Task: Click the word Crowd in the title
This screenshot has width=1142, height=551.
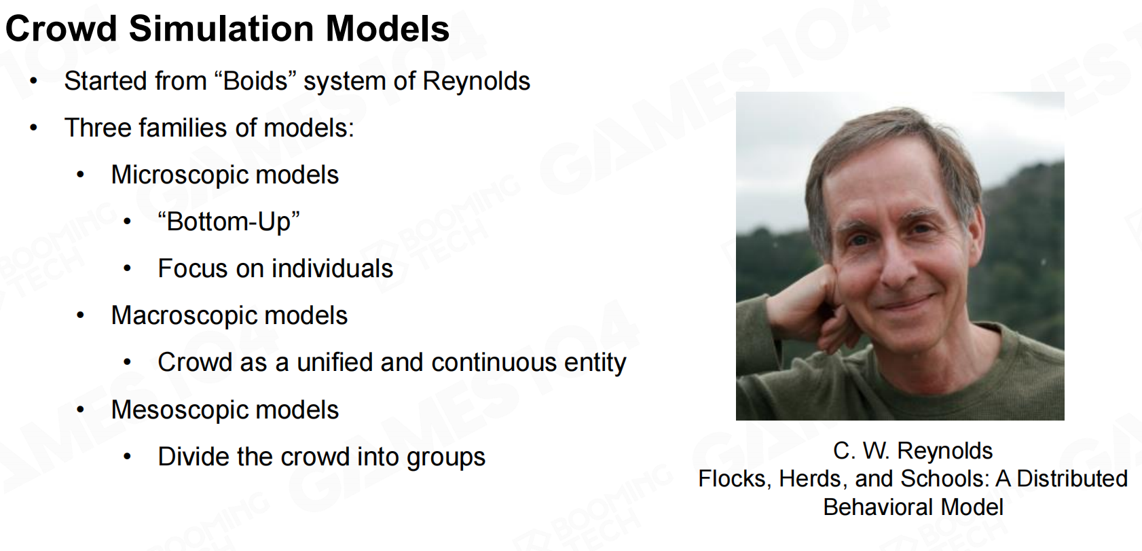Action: pos(61,29)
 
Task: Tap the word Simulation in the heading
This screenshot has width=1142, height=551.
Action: pos(221,29)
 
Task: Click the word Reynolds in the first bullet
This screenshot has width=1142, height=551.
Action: pos(476,81)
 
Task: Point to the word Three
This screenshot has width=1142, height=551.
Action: pos(97,128)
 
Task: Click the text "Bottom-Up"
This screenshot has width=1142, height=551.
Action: pos(229,222)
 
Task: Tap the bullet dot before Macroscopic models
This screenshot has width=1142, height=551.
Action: pos(80,316)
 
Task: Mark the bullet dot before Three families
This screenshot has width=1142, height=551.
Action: pos(34,128)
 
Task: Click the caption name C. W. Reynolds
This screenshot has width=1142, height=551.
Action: pos(913,451)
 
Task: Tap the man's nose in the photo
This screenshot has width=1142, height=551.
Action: pos(898,265)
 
